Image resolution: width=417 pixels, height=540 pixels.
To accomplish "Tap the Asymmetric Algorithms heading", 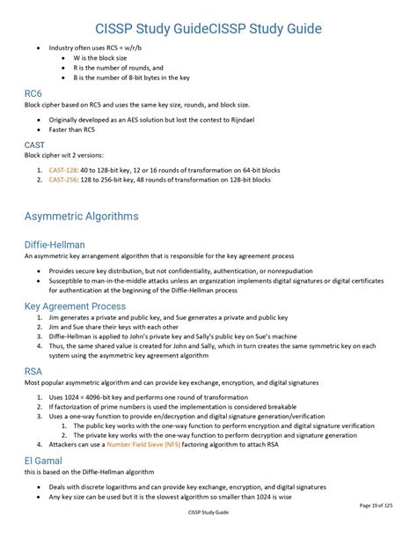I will (x=81, y=216).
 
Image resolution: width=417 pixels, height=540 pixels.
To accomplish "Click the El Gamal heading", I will (x=47, y=460).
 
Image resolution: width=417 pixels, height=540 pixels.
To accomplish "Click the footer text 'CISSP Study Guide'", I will (x=208, y=512).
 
